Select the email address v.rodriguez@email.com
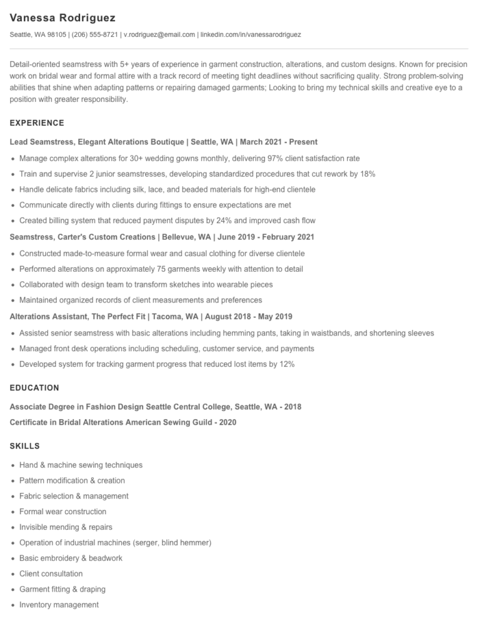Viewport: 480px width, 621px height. click(x=159, y=35)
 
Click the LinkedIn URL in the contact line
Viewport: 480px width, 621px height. click(x=251, y=35)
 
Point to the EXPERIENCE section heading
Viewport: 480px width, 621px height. click(x=37, y=123)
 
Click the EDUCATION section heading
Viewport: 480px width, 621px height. click(x=34, y=388)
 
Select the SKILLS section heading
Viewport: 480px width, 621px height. click(x=25, y=446)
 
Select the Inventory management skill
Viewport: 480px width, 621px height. click(x=59, y=605)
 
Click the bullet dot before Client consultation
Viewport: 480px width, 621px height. click(x=13, y=574)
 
